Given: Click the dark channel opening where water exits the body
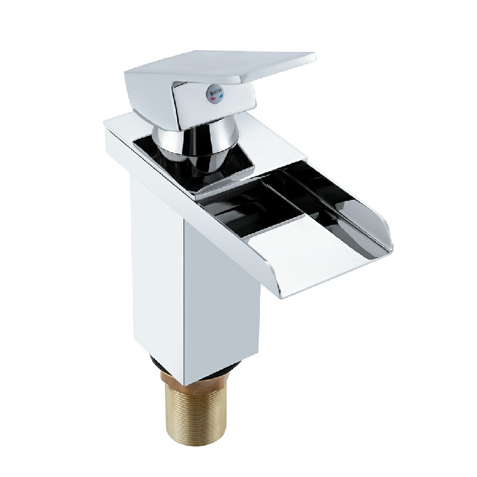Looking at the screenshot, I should click(x=238, y=206).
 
